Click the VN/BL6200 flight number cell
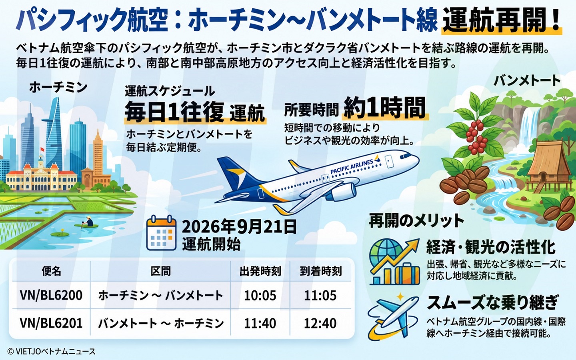pyautogui.click(x=51, y=295)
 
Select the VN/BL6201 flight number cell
pyautogui.click(x=51, y=323)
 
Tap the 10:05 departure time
pyautogui.click(x=260, y=296)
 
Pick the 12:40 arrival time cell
pyautogui.click(x=320, y=323)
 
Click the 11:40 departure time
pyautogui.click(x=260, y=323)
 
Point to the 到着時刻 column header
pyautogui.click(x=321, y=271)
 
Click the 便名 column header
pyautogui.click(x=52, y=271)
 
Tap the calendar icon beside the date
pyautogui.click(x=161, y=233)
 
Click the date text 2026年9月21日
pyautogui.click(x=239, y=227)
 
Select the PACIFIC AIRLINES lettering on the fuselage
pyautogui.click(x=352, y=167)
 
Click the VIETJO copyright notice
pyautogui.click(x=52, y=351)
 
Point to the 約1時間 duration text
pyautogui.click(x=385, y=108)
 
